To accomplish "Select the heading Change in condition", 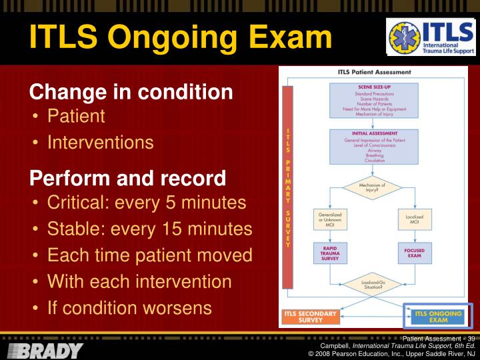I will pos(131,92).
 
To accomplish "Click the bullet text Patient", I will pos(76,116).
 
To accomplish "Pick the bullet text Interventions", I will pos(100,143).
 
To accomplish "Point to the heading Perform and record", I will pos(127,179).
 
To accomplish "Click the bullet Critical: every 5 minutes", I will pos(147,203).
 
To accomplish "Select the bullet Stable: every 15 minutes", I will pos(149,229).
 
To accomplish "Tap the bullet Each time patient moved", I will pos(149,255).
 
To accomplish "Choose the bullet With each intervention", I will pos(139,281).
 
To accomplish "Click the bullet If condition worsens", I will pos(129,308).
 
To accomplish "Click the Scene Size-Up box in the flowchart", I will pos(374,100).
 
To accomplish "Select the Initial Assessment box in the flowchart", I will pos(374,147).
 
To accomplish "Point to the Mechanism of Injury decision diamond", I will pos(372,188).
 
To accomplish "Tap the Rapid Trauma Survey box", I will pos(330,253).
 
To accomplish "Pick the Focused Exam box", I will pos(415,254).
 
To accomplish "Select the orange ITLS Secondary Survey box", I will pos(309,317).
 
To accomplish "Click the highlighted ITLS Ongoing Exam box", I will pos(438,317).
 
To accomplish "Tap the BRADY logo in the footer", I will pos(45,351).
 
